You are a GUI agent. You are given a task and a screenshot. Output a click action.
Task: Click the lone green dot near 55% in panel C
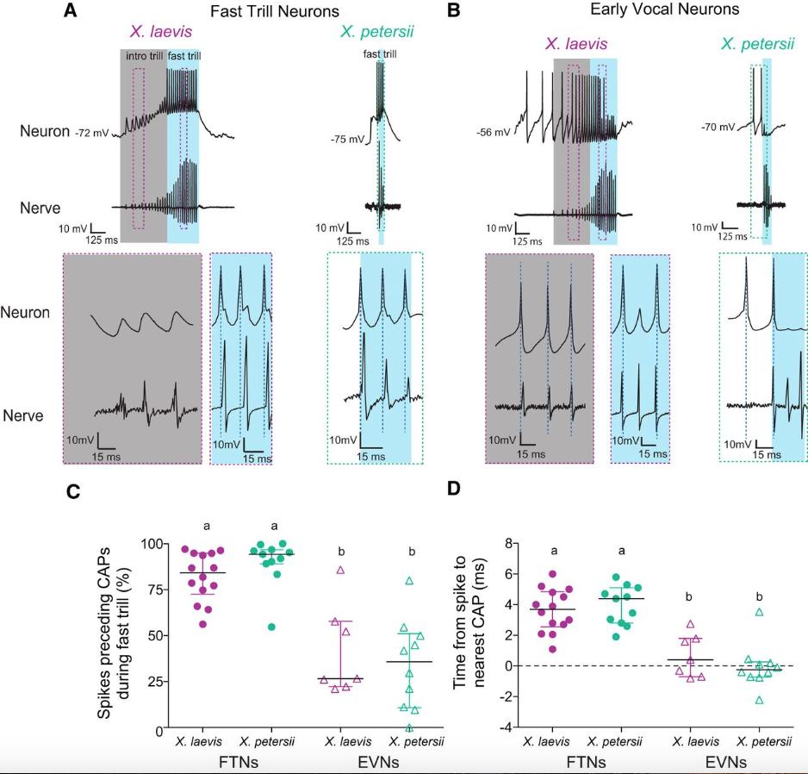(x=248, y=627)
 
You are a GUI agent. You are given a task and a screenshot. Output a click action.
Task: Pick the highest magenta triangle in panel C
(x=340, y=571)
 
